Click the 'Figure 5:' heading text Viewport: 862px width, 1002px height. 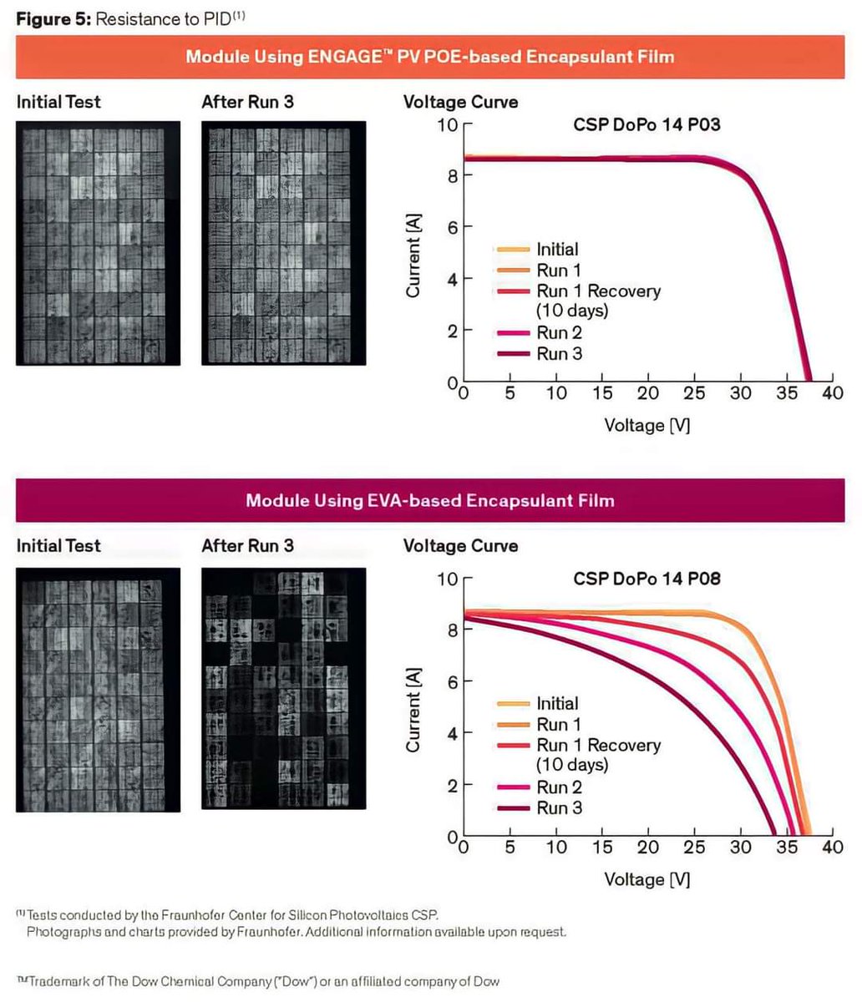tap(53, 19)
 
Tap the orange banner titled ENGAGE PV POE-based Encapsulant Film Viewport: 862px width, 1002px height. tap(430, 57)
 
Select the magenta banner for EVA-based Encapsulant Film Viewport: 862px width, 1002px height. tap(430, 501)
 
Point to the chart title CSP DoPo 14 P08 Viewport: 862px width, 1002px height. tap(646, 579)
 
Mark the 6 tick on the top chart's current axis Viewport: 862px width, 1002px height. tap(452, 227)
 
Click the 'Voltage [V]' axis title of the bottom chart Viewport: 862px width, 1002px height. tap(647, 879)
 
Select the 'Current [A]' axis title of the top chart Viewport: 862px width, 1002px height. tap(413, 256)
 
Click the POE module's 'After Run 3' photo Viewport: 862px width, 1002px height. tap(283, 243)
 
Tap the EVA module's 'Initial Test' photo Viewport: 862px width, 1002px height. tap(99, 690)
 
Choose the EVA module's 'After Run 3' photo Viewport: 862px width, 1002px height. tap(283, 690)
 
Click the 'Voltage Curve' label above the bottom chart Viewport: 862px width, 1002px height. tap(460, 546)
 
